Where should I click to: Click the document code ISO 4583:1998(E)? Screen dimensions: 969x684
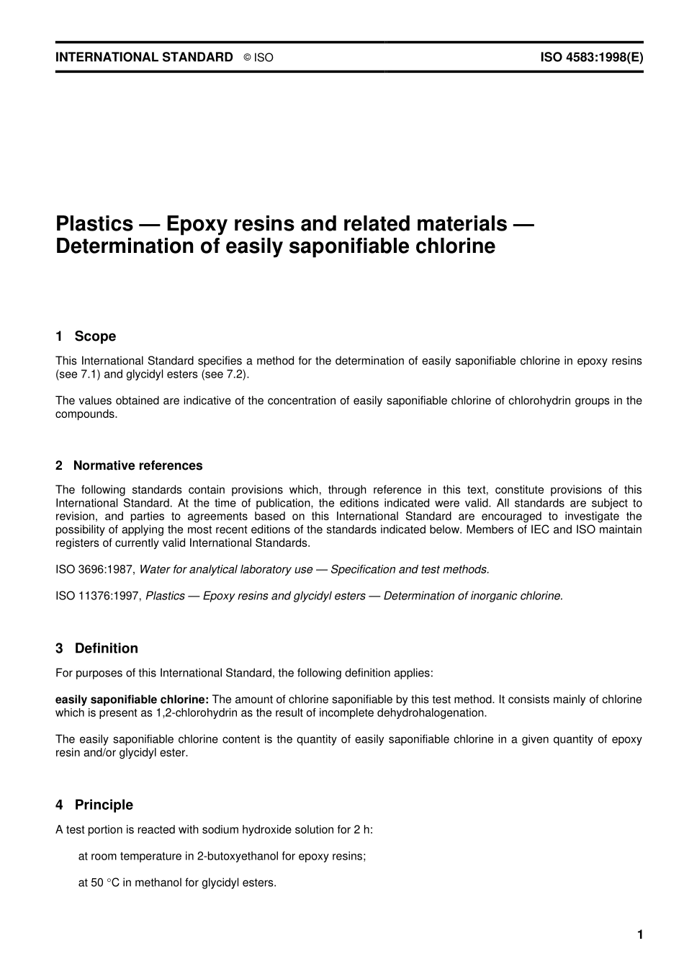click(592, 57)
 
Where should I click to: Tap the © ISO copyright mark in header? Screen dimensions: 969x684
click(258, 58)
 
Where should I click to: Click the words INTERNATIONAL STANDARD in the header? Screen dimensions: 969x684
click(144, 57)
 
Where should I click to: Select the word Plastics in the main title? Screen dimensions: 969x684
click(94, 223)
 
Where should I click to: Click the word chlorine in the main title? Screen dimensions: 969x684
click(456, 246)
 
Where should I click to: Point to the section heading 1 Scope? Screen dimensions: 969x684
click(86, 336)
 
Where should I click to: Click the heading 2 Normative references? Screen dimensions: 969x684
click(129, 465)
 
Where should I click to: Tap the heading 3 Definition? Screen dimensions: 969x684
click(96, 648)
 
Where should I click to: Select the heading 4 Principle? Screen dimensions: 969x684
click(94, 805)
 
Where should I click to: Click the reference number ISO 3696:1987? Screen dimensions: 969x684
click(94, 569)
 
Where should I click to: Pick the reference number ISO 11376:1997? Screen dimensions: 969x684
click(98, 596)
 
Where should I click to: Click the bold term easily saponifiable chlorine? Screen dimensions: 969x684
click(132, 699)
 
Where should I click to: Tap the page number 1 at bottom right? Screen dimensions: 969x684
click(639, 934)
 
